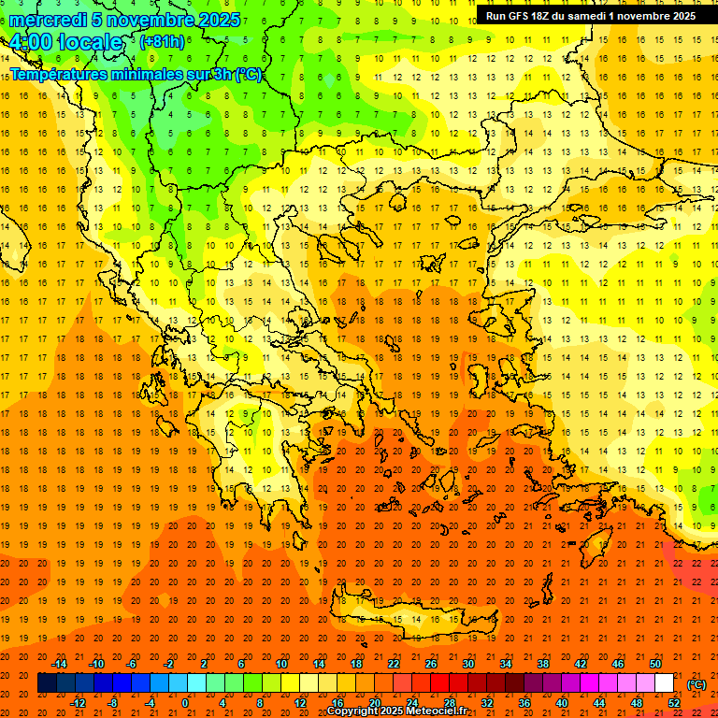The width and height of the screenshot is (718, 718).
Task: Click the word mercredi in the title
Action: [49, 20]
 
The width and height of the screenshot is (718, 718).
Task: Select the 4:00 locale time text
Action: [65, 43]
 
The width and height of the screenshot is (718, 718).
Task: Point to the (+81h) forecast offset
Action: [162, 42]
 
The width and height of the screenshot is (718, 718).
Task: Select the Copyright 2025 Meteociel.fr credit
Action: [396, 711]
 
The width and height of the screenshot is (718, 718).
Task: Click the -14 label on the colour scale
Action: [61, 664]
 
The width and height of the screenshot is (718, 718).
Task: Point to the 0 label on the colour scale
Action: [184, 702]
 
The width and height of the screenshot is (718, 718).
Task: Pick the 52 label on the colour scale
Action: [674, 702]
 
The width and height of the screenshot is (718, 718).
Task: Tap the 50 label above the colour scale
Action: [655, 664]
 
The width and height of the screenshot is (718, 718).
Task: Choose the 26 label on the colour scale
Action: [431, 664]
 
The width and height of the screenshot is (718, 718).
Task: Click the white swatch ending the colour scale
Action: [664, 683]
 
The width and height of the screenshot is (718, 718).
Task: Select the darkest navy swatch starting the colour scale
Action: [47, 683]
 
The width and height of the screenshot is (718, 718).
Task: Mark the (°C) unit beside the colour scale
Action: [696, 684]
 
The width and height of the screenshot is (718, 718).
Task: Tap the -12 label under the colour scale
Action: [79, 702]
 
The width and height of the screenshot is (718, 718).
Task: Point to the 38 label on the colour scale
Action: [543, 664]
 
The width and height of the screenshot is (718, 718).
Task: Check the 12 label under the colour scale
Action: [300, 702]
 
